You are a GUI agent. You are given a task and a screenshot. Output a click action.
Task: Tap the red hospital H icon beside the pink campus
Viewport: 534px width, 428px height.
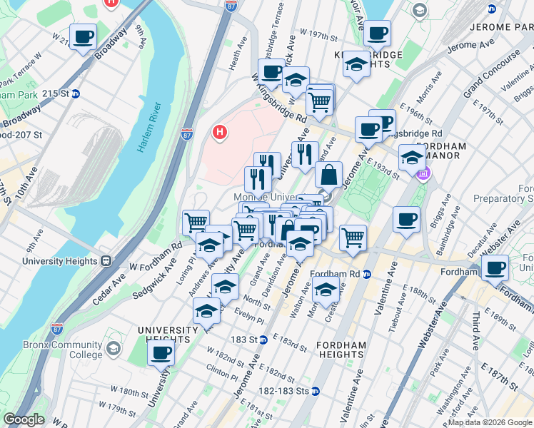click(x=221, y=132)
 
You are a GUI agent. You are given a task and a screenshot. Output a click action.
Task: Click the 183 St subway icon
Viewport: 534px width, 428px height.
click(x=263, y=340)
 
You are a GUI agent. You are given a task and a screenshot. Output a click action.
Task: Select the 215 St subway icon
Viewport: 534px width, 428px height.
click(x=75, y=93)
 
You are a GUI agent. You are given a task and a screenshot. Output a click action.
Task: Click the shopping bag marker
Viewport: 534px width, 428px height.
click(x=328, y=175)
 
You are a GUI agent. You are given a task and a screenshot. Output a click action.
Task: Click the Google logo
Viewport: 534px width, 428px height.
click(x=24, y=419)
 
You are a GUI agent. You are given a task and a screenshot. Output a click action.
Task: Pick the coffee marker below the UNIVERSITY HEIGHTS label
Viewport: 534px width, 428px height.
click(x=161, y=352)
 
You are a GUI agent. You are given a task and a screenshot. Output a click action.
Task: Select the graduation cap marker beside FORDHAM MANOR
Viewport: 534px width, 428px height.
click(x=411, y=157)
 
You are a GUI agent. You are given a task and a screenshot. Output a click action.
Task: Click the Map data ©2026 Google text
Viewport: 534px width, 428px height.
click(x=489, y=422)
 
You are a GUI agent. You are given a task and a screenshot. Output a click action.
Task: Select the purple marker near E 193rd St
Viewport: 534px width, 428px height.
click(x=423, y=173)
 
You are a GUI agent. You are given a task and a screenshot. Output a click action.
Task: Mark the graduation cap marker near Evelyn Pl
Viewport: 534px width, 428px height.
click(x=207, y=312)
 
